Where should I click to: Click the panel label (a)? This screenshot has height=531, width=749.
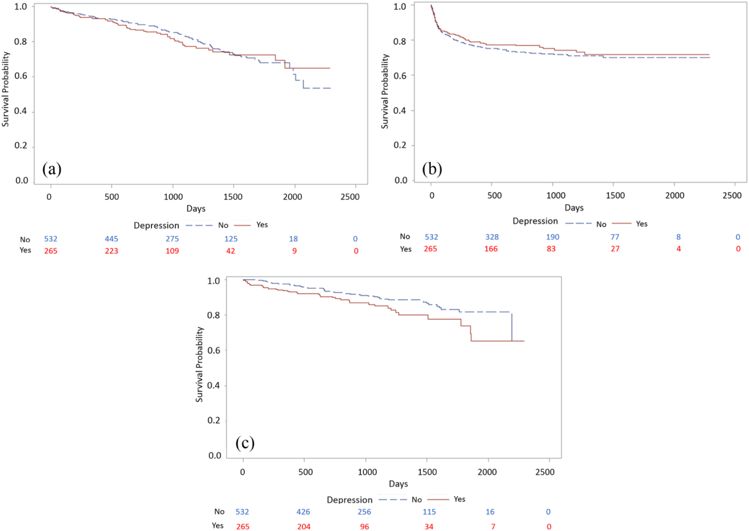pyautogui.click(x=52, y=169)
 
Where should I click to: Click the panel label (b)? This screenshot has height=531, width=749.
pyautogui.click(x=432, y=169)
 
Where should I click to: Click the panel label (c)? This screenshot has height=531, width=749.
pyautogui.click(x=245, y=443)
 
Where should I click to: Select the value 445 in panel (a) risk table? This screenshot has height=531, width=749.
pyautogui.click(x=112, y=239)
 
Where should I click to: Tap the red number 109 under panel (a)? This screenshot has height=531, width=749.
pyautogui.click(x=172, y=251)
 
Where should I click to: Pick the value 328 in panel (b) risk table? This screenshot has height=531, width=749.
pyautogui.click(x=492, y=237)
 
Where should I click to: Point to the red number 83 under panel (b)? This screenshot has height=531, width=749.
pyautogui.click(x=551, y=249)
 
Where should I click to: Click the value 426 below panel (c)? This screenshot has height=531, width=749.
pyautogui.click(x=303, y=512)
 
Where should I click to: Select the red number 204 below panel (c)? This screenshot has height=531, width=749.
pyautogui.click(x=304, y=526)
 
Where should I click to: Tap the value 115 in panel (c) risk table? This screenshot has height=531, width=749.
pyautogui.click(x=429, y=512)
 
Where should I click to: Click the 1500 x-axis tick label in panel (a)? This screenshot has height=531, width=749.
pyautogui.click(x=233, y=197)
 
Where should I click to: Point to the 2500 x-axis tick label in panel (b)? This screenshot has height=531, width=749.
pyautogui.click(x=732, y=195)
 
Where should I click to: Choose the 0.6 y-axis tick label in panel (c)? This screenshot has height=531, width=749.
pyautogui.click(x=214, y=350)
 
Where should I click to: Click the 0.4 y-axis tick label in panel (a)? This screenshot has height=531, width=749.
pyautogui.click(x=21, y=111)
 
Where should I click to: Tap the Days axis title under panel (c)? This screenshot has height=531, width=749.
pyautogui.click(x=398, y=484)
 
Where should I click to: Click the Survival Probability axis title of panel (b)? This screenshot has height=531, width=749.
pyautogui.click(x=385, y=91)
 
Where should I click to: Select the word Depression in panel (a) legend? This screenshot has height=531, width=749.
pyautogui.click(x=156, y=225)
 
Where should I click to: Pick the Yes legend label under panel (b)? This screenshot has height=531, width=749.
pyautogui.click(x=642, y=224)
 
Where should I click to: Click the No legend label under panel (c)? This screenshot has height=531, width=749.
pyautogui.click(x=417, y=500)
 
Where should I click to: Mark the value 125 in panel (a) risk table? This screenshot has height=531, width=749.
pyautogui.click(x=231, y=239)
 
